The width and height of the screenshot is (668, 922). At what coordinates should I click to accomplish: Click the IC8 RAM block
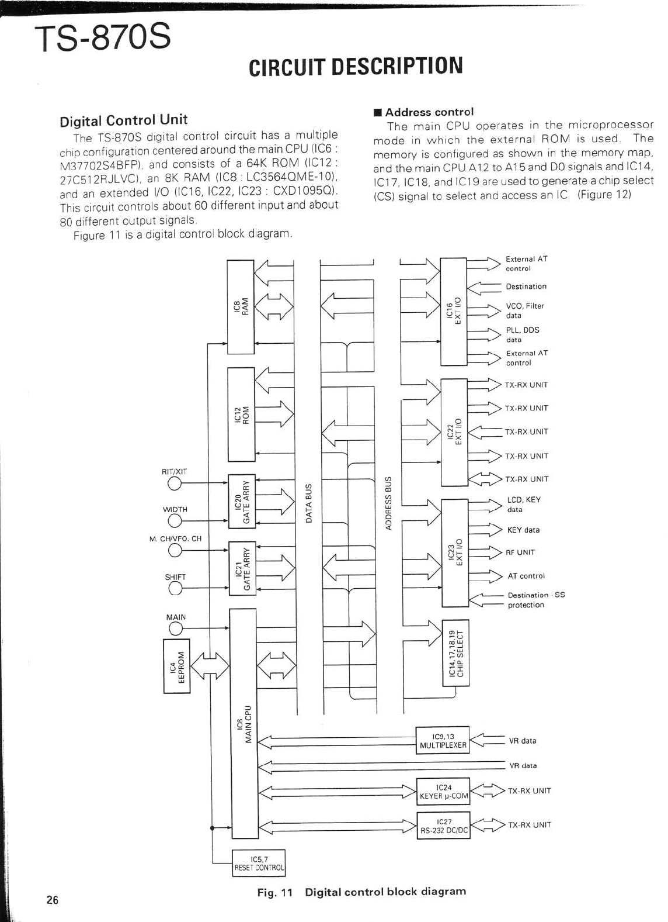(241, 306)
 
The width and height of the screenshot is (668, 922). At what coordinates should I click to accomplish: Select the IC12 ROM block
(241, 414)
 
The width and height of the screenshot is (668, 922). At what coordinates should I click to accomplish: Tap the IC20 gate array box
(241, 500)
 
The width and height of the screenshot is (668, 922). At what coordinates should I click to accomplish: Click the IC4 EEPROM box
(176, 665)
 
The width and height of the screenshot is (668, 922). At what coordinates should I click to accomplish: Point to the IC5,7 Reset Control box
(259, 863)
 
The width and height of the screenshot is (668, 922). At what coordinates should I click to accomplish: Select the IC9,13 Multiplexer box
(443, 741)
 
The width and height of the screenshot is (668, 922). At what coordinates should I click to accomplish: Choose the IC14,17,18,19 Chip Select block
(455, 653)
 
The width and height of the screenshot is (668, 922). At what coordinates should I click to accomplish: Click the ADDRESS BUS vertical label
(387, 503)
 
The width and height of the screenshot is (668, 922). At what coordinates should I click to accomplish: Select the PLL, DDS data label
(522, 334)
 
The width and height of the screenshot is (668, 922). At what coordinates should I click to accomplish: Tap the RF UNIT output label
(521, 552)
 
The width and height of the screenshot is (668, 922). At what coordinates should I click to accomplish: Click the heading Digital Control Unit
(123, 120)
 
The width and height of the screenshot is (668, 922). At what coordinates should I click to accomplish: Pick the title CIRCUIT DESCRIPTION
(356, 66)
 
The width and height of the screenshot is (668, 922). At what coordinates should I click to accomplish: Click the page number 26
(53, 900)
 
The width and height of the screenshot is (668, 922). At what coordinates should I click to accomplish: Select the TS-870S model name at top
(103, 38)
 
